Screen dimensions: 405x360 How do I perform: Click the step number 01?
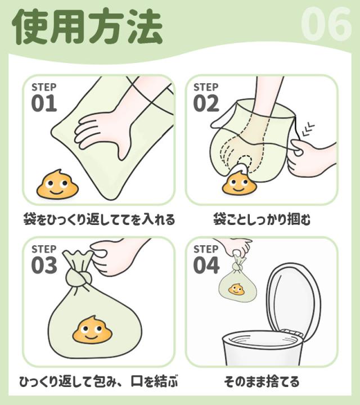coord(44,103)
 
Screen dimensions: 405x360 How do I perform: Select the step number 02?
coord(206,103)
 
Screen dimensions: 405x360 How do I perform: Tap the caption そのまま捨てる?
coord(262,381)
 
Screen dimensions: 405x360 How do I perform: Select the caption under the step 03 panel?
coord(99,381)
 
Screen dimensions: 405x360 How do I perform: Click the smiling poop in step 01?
coord(56,183)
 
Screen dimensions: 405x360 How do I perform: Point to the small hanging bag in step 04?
coord(236,284)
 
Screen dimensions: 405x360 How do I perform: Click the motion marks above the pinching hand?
coord(308,129)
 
